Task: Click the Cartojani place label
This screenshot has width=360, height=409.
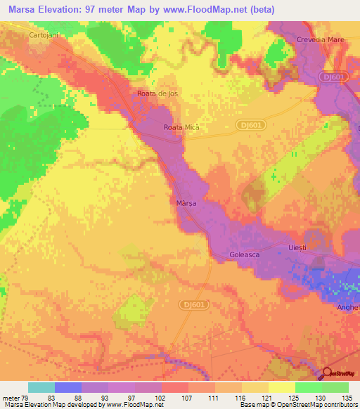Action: coord(42,34)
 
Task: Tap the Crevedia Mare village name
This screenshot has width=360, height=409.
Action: coord(320,39)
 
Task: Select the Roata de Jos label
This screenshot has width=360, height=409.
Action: coord(155,93)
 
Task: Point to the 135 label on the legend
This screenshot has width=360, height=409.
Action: coord(342,398)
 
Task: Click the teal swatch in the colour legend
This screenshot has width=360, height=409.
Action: coord(41,387)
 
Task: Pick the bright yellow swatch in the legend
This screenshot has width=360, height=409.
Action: coord(282,387)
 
